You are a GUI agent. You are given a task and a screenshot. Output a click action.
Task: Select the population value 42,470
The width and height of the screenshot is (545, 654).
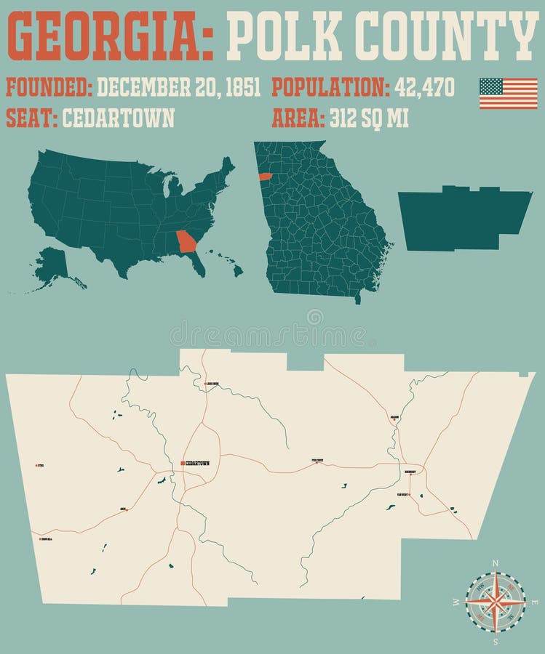(x=424, y=88)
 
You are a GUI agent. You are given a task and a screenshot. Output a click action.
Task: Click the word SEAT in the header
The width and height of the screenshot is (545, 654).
(x=29, y=118)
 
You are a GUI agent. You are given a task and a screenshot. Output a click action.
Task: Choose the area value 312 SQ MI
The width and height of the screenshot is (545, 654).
(x=369, y=118)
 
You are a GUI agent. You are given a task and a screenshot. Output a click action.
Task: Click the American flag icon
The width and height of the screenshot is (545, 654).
(x=508, y=93)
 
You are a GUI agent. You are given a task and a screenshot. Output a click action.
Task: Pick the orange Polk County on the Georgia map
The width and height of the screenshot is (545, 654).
(x=265, y=177)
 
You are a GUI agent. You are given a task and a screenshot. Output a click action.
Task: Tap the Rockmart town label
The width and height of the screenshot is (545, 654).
(x=410, y=472)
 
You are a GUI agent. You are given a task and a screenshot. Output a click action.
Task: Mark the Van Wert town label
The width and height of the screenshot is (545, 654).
(x=403, y=495)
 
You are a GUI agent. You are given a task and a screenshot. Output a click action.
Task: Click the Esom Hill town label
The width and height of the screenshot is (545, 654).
(x=45, y=539)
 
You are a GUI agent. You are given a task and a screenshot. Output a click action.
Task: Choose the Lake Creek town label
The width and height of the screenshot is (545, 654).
(x=212, y=383)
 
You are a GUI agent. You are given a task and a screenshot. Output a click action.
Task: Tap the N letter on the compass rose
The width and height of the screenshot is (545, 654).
(x=496, y=563)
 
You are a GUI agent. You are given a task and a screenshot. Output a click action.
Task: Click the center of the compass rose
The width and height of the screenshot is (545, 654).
(x=496, y=602)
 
